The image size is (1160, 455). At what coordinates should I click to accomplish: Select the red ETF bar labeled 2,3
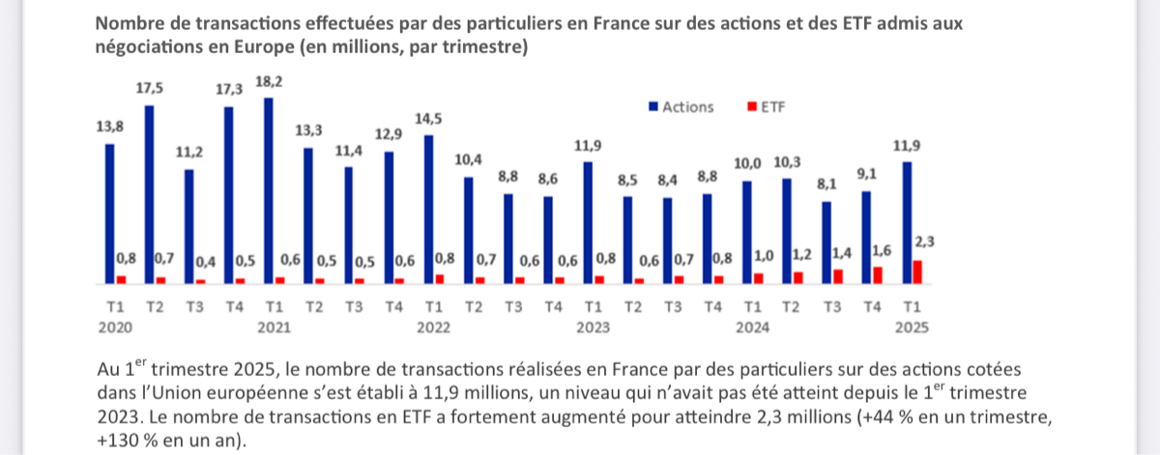[916, 272]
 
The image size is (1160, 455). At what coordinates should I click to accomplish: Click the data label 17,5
[149, 88]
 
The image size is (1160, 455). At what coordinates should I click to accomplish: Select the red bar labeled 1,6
[877, 275]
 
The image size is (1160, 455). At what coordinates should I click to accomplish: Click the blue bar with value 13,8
[110, 213]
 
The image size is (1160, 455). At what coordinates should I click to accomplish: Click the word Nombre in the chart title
[130, 22]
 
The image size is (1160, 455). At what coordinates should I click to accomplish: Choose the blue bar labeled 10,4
[469, 231]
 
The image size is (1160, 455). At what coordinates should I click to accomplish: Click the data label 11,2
[189, 152]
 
